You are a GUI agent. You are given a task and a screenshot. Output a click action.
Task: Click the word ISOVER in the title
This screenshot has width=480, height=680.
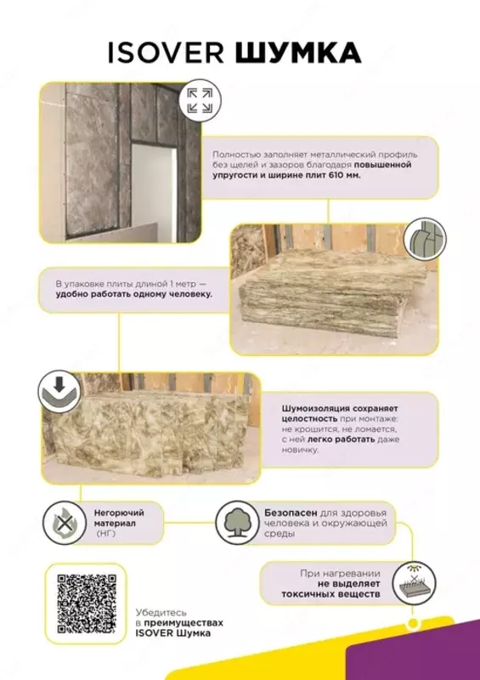166,53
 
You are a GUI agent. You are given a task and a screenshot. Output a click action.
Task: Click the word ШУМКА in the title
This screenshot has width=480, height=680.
298,53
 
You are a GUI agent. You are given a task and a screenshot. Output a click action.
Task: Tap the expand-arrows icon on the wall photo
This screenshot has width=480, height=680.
200,100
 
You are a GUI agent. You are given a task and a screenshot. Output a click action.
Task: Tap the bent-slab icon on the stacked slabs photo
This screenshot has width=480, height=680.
425,240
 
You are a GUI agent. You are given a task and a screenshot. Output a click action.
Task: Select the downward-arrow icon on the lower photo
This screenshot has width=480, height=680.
59,392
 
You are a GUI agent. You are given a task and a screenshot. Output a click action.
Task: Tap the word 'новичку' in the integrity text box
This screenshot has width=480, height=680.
300,450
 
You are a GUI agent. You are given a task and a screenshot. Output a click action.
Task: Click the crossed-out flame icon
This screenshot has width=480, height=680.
65,523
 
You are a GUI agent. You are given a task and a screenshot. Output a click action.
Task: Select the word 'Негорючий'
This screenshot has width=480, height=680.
119,513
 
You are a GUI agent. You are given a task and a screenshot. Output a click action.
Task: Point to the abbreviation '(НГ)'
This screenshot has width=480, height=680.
106,534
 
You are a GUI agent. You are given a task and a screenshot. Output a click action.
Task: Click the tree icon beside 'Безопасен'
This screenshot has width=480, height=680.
237,523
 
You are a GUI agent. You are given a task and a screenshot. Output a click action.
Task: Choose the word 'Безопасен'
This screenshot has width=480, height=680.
291,513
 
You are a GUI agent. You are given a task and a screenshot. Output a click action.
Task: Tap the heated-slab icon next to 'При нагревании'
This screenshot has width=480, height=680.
414,583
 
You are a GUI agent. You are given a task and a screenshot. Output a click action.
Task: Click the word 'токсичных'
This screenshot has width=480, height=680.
308,593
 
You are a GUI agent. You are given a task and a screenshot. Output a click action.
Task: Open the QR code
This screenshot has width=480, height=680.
87,603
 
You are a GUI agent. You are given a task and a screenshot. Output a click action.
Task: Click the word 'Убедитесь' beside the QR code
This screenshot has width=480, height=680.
161,613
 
